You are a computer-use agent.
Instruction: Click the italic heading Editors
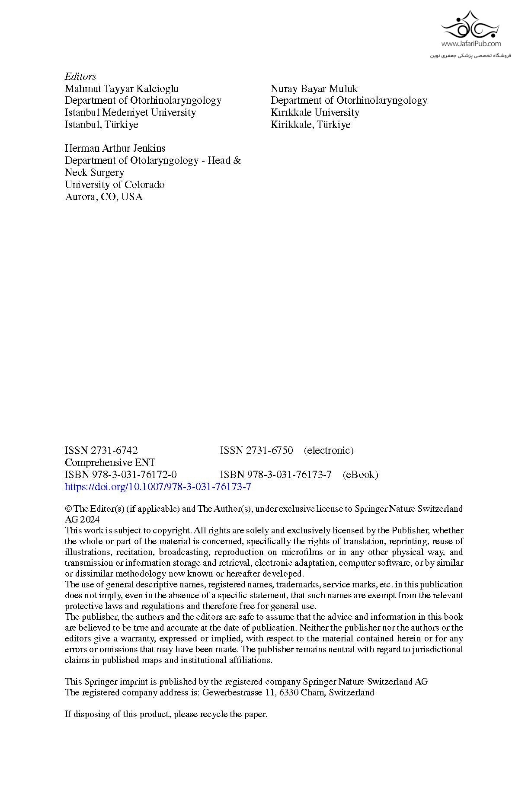[80, 76]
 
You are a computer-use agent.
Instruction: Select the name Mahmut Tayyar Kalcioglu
[122, 89]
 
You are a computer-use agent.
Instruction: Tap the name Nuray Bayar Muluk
[314, 89]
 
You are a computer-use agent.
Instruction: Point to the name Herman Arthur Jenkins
[115, 148]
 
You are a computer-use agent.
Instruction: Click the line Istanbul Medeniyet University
[130, 112]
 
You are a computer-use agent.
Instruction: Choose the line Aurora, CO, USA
[103, 197]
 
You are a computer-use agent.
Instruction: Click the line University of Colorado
[115, 185]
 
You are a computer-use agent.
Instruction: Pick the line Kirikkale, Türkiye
[310, 124]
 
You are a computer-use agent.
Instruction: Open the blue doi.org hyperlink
[158, 487]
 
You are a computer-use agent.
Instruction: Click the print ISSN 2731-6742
[101, 450]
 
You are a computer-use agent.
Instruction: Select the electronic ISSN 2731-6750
[256, 450]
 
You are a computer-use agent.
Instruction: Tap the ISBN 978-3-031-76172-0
[121, 475]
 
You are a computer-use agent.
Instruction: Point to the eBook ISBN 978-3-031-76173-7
[276, 475]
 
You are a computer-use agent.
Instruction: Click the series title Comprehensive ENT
[110, 462]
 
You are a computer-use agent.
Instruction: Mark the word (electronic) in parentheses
[329, 450]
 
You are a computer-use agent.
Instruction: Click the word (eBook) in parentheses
[360, 475]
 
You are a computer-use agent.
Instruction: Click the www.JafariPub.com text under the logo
[471, 44]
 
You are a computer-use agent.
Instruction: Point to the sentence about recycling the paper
[166, 714]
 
